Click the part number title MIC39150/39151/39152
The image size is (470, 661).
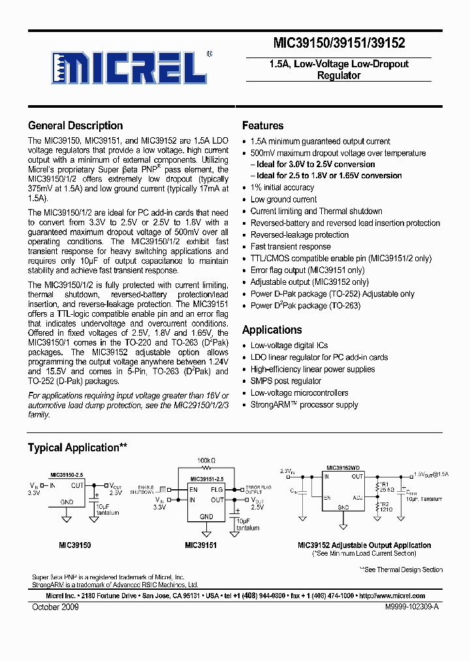(338, 44)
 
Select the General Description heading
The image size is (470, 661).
(75, 126)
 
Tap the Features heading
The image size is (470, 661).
(262, 126)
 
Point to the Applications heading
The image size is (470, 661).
(272, 330)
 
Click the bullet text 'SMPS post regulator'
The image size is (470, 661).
(286, 381)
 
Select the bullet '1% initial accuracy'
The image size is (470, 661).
(282, 187)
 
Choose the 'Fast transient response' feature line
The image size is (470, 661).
(290, 246)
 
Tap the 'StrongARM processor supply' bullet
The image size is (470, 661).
(304, 404)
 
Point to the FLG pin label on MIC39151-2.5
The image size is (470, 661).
(216, 489)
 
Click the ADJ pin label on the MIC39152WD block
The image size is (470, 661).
(358, 497)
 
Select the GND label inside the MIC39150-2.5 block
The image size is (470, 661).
(67, 502)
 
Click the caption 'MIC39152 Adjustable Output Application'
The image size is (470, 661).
(364, 545)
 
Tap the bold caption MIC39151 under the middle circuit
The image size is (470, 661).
(200, 545)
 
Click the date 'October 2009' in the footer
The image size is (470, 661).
(55, 607)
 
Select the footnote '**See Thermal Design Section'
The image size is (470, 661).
(401, 570)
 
